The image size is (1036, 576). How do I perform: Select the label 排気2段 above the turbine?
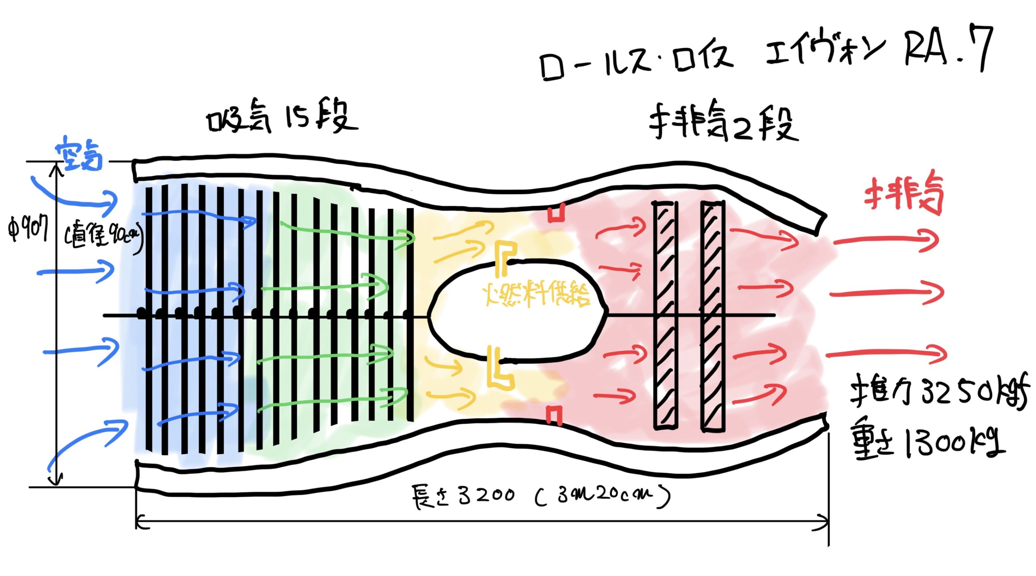pyautogui.click(x=722, y=122)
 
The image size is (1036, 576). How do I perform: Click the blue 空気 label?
pyautogui.click(x=79, y=154)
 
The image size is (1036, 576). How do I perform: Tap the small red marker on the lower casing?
pyautogui.click(x=554, y=415)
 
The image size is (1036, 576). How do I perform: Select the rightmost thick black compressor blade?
pyautogui.click(x=410, y=314)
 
